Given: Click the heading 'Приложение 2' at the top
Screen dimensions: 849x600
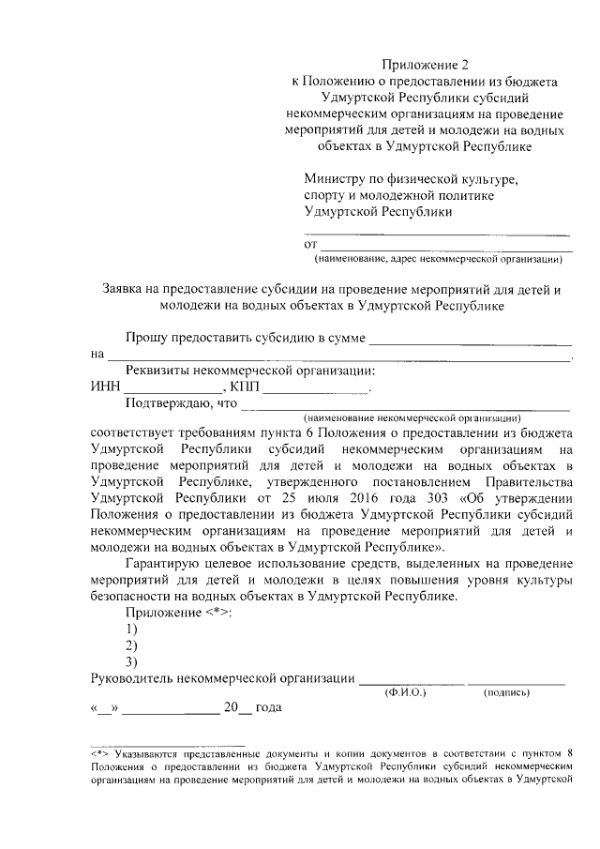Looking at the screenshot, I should point(424,65).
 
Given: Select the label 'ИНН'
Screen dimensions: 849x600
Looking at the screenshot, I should point(106,387).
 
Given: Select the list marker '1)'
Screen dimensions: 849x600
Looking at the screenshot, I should point(131,629).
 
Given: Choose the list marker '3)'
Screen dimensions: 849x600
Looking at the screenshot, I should point(131,662).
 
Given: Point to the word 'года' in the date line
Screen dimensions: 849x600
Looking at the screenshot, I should point(268,709).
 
